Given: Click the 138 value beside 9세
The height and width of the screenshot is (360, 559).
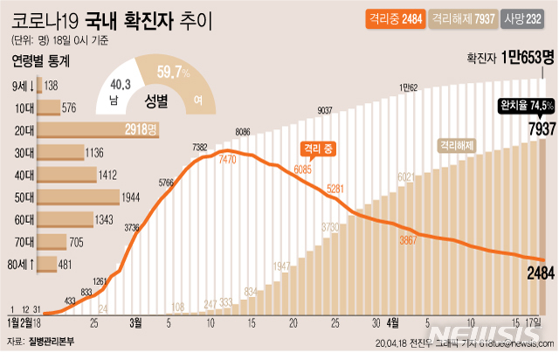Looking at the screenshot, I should click(x=51, y=86).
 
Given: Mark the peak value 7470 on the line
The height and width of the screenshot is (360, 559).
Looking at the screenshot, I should click(x=228, y=160).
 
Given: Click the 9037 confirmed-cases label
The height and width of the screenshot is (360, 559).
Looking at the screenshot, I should click(x=325, y=109).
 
